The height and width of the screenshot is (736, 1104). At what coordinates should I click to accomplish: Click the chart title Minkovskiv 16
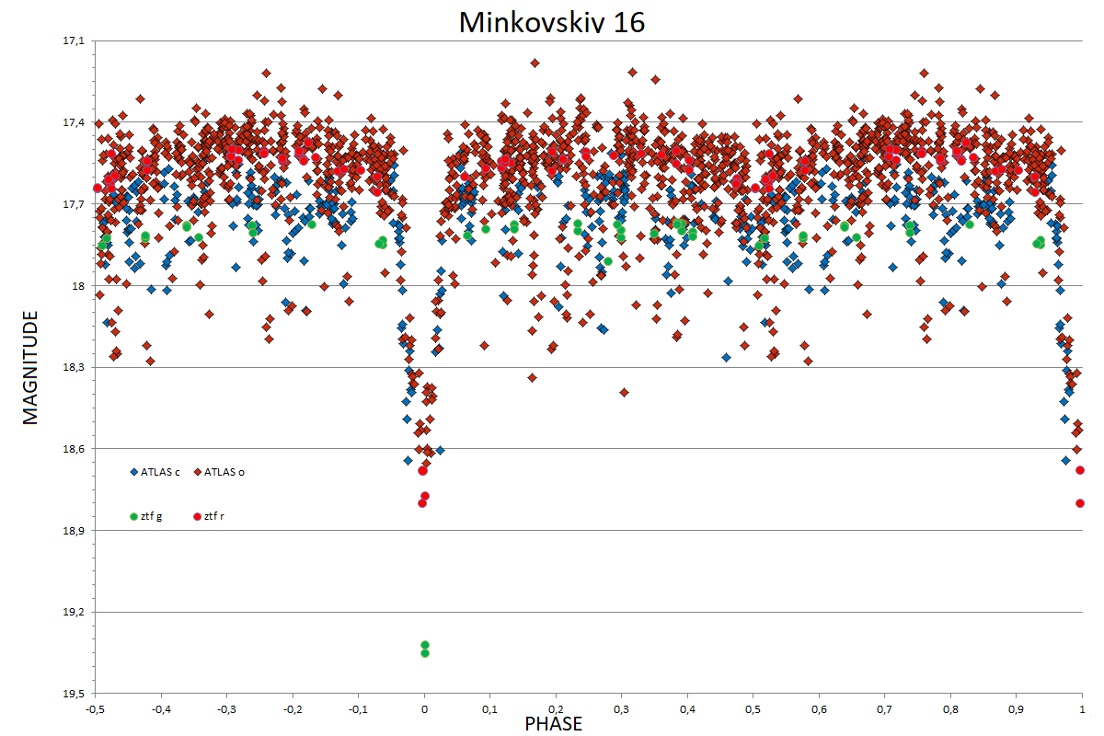point(551,22)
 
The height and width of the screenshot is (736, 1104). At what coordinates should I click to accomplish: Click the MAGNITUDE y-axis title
point(30,367)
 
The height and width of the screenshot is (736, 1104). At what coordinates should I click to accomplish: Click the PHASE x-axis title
point(554,724)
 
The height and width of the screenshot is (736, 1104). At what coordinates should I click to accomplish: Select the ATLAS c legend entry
point(155,472)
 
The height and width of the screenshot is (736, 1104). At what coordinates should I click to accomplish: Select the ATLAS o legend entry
point(219,472)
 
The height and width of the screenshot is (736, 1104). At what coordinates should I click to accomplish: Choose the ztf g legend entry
point(146,516)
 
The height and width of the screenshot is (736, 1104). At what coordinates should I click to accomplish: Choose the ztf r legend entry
point(209,516)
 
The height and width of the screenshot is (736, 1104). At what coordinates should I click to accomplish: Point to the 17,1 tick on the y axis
point(74,40)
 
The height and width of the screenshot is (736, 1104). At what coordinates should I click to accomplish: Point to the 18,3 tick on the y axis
point(74,367)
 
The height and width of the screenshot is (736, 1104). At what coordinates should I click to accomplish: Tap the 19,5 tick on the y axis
point(74,694)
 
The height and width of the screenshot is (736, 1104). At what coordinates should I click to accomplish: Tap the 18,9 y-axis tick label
point(74,531)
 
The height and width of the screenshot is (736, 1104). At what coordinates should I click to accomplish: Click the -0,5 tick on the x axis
point(95,709)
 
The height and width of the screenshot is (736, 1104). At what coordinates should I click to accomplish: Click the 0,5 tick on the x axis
point(753,709)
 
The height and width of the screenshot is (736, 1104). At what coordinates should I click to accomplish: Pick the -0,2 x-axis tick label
point(293,709)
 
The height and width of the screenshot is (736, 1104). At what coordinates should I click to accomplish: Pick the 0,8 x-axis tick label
point(950,709)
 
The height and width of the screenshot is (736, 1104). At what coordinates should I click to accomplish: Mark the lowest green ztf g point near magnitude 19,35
point(425,653)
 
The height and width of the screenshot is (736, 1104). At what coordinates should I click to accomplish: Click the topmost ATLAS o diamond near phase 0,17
point(535,63)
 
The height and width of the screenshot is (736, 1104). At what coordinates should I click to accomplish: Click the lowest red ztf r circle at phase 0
point(422,503)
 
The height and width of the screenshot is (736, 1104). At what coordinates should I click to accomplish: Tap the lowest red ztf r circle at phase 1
point(1080,503)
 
